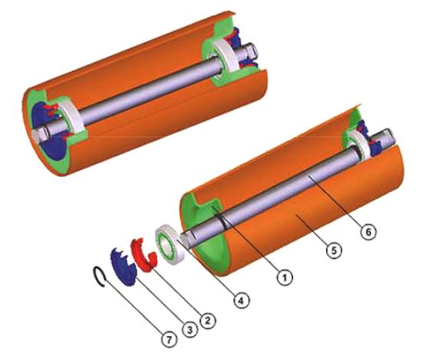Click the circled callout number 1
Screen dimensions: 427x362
[285, 278]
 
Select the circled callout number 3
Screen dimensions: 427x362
[190, 329]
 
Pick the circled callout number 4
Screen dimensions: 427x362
[242, 301]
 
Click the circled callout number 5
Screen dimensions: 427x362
[334, 249]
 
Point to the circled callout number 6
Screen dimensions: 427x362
[368, 232]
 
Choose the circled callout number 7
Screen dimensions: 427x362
[169, 339]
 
